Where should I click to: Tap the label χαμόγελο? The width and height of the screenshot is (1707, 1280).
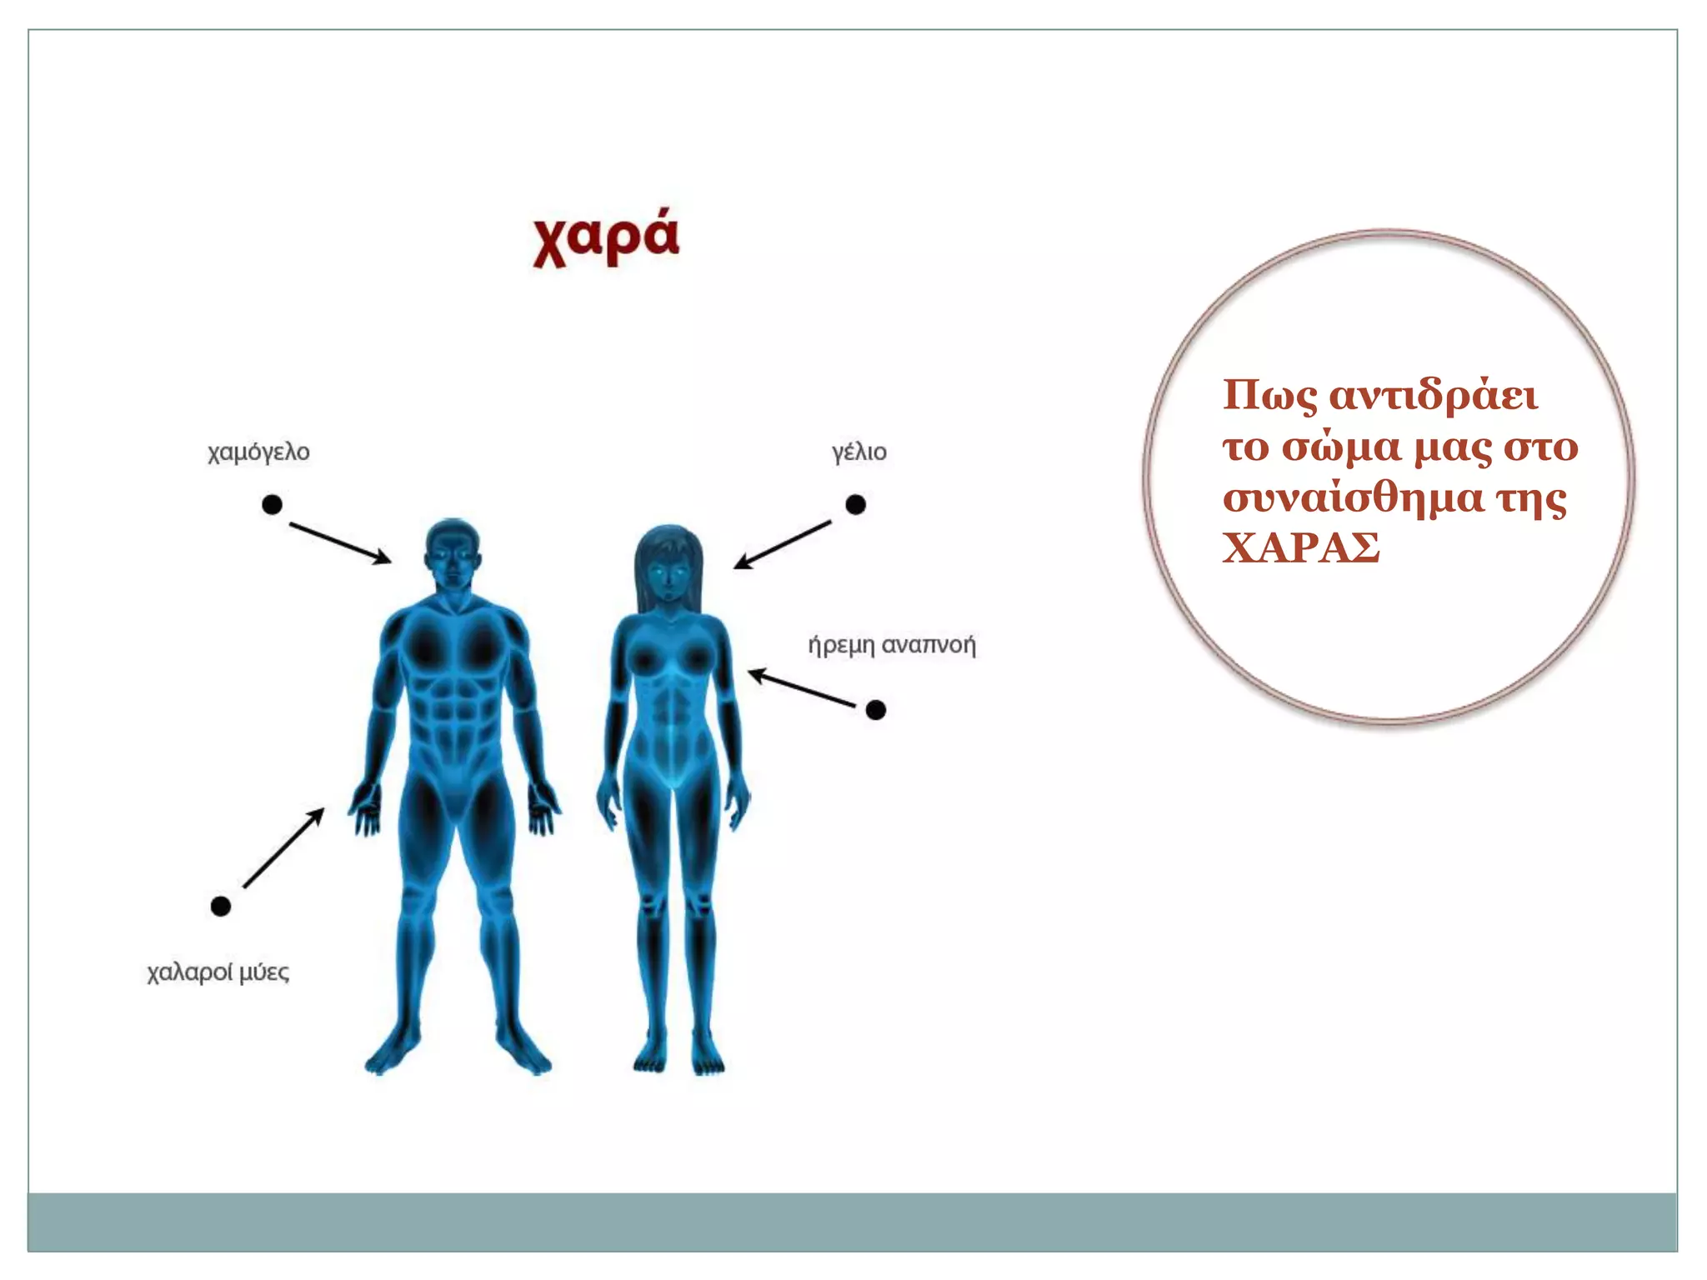[258, 452]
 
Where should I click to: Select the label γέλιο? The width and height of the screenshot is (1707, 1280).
[859, 452]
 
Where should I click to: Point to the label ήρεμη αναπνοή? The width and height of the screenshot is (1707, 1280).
[891, 645]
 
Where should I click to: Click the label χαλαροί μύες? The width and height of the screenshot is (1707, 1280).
[218, 972]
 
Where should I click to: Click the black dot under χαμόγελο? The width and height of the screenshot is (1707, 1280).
[272, 504]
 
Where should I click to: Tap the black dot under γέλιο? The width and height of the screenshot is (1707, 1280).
[855, 504]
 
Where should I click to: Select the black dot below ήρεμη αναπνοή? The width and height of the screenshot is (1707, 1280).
[875, 709]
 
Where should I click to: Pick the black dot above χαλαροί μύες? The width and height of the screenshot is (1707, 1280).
[220, 906]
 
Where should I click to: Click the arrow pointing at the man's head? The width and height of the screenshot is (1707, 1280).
[339, 542]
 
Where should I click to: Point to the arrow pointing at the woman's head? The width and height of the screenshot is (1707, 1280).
[783, 544]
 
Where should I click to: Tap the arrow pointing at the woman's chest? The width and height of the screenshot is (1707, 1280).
[801, 688]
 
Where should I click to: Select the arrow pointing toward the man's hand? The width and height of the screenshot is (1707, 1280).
[283, 848]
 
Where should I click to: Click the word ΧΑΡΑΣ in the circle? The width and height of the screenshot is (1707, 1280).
[1301, 548]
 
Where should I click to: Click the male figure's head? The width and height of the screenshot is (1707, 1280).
[453, 554]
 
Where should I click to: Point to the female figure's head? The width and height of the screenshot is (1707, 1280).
[668, 567]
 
